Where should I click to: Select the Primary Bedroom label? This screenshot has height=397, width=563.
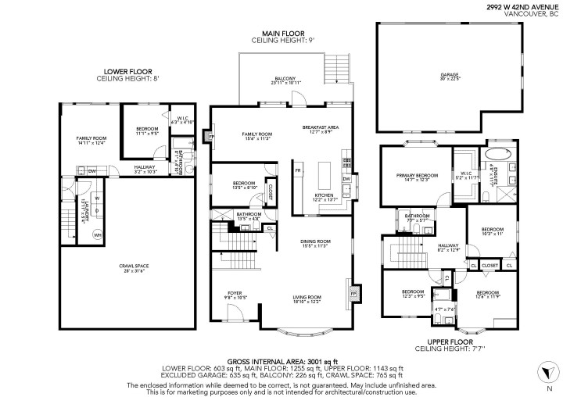pyautogui.click(x=415, y=177)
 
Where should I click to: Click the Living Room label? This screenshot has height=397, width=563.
pyautogui.click(x=307, y=299)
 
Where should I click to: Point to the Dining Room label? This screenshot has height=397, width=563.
pyautogui.click(x=316, y=244)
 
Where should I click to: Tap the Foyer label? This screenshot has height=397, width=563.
pyautogui.click(x=235, y=295)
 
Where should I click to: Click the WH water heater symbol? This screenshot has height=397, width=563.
pyautogui.click(x=98, y=234)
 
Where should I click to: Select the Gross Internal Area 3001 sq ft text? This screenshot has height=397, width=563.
pyautogui.click(x=281, y=361)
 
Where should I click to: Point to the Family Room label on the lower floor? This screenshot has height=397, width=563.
pyautogui.click(x=91, y=140)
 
